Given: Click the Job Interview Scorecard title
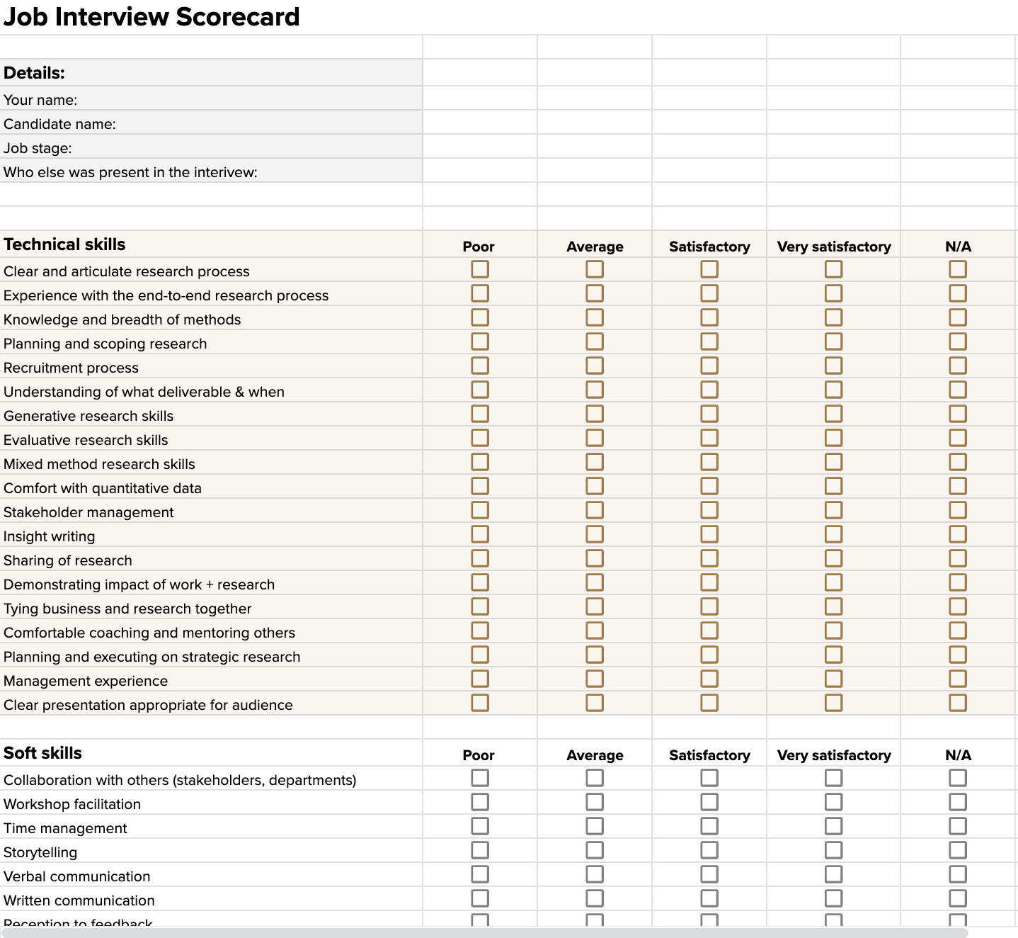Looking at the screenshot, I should [151, 17].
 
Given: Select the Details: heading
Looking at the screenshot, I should [34, 73].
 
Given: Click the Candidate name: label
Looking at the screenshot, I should [59, 124].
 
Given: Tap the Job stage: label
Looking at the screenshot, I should [38, 148].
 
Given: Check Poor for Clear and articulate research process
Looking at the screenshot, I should [480, 269].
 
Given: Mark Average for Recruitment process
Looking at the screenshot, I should [595, 366].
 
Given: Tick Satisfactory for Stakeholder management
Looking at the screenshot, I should [709, 510].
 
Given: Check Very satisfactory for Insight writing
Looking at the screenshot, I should [834, 534].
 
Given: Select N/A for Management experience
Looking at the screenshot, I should [958, 679].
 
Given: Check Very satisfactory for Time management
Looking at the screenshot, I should [834, 826].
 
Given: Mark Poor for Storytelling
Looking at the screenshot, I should [480, 850].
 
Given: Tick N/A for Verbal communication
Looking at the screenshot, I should [958, 874].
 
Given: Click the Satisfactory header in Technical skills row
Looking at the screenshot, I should [709, 247].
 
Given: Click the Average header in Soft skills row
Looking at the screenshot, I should [595, 755].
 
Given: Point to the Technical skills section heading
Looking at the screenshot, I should [64, 244].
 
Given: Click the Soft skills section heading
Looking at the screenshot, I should [42, 753].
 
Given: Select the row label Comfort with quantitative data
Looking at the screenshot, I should [103, 488].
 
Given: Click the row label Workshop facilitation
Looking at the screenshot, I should [72, 804].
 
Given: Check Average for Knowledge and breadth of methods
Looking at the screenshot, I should [595, 317].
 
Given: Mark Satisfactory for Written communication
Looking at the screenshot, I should [709, 898].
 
